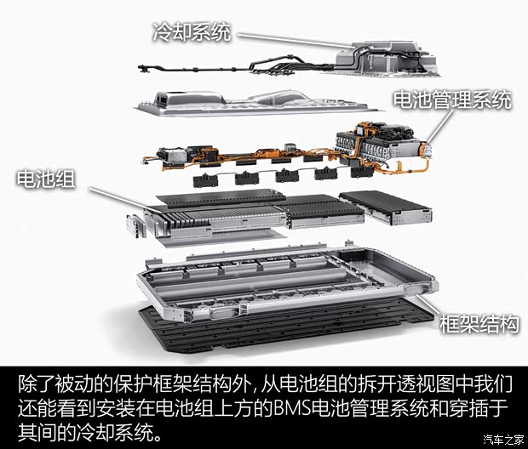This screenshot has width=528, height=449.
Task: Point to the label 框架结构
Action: tap(479, 323)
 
